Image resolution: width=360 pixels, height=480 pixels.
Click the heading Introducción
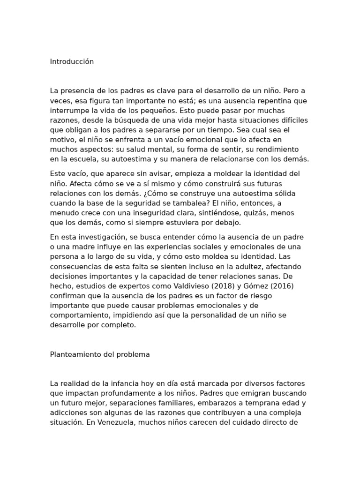coord(72,62)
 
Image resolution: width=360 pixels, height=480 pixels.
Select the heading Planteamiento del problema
coord(100,354)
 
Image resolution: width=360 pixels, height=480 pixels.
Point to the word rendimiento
coord(277,149)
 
